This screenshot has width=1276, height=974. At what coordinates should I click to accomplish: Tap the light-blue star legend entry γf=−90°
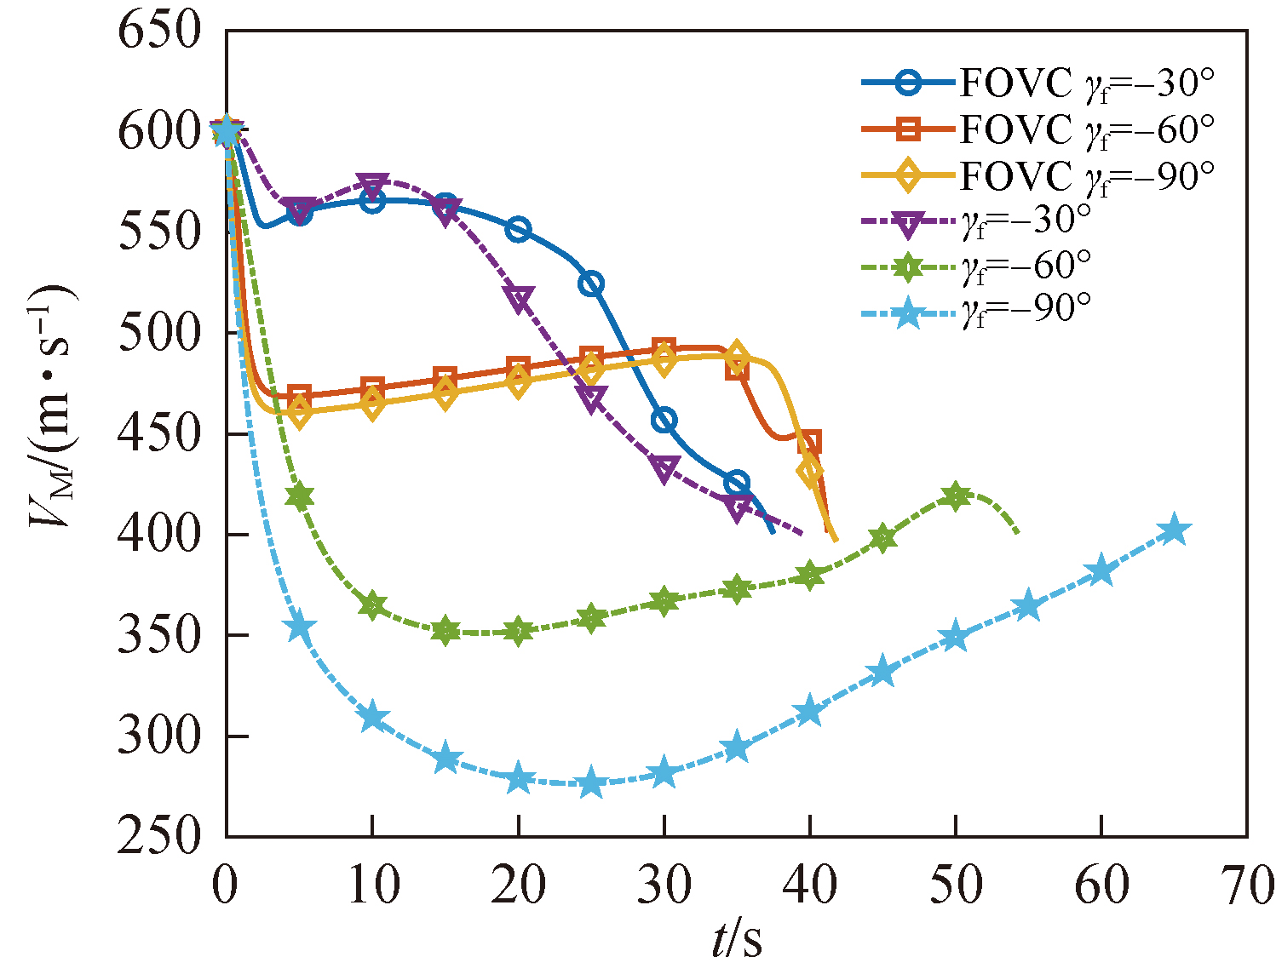click(x=980, y=313)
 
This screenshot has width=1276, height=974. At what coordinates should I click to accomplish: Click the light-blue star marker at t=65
click(x=1174, y=530)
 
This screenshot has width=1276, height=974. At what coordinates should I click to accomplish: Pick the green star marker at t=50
click(x=955, y=496)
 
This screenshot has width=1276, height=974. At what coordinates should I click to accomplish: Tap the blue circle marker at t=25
click(x=591, y=284)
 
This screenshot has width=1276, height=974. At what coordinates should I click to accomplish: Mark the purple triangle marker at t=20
click(x=518, y=299)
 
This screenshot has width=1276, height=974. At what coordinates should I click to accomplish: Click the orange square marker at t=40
click(x=809, y=442)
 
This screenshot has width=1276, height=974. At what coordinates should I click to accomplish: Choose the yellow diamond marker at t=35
click(x=737, y=357)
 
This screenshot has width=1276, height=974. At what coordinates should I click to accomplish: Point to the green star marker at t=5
click(x=299, y=497)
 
